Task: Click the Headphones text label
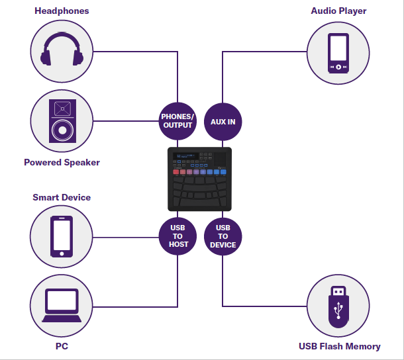pos(62,11)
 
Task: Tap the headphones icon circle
pos(62,50)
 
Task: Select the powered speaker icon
pos(62,121)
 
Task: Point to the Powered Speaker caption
pos(62,162)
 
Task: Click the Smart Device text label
pos(62,197)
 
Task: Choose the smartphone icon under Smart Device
pos(62,236)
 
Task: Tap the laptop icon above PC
pos(62,306)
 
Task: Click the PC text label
pos(62,345)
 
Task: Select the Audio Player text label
pos(338,11)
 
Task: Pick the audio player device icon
pos(338,52)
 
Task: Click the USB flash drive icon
pos(338,306)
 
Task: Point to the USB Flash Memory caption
pos(340,346)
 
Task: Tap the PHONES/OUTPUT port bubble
pos(177,121)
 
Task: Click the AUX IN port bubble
pos(223,122)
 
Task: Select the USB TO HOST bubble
pos(178,236)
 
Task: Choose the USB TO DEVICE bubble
pos(223,236)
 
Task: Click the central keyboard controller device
pos(199,179)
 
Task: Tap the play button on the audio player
pos(338,67)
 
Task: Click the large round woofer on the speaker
pos(62,130)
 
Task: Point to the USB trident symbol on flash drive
pos(338,309)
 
